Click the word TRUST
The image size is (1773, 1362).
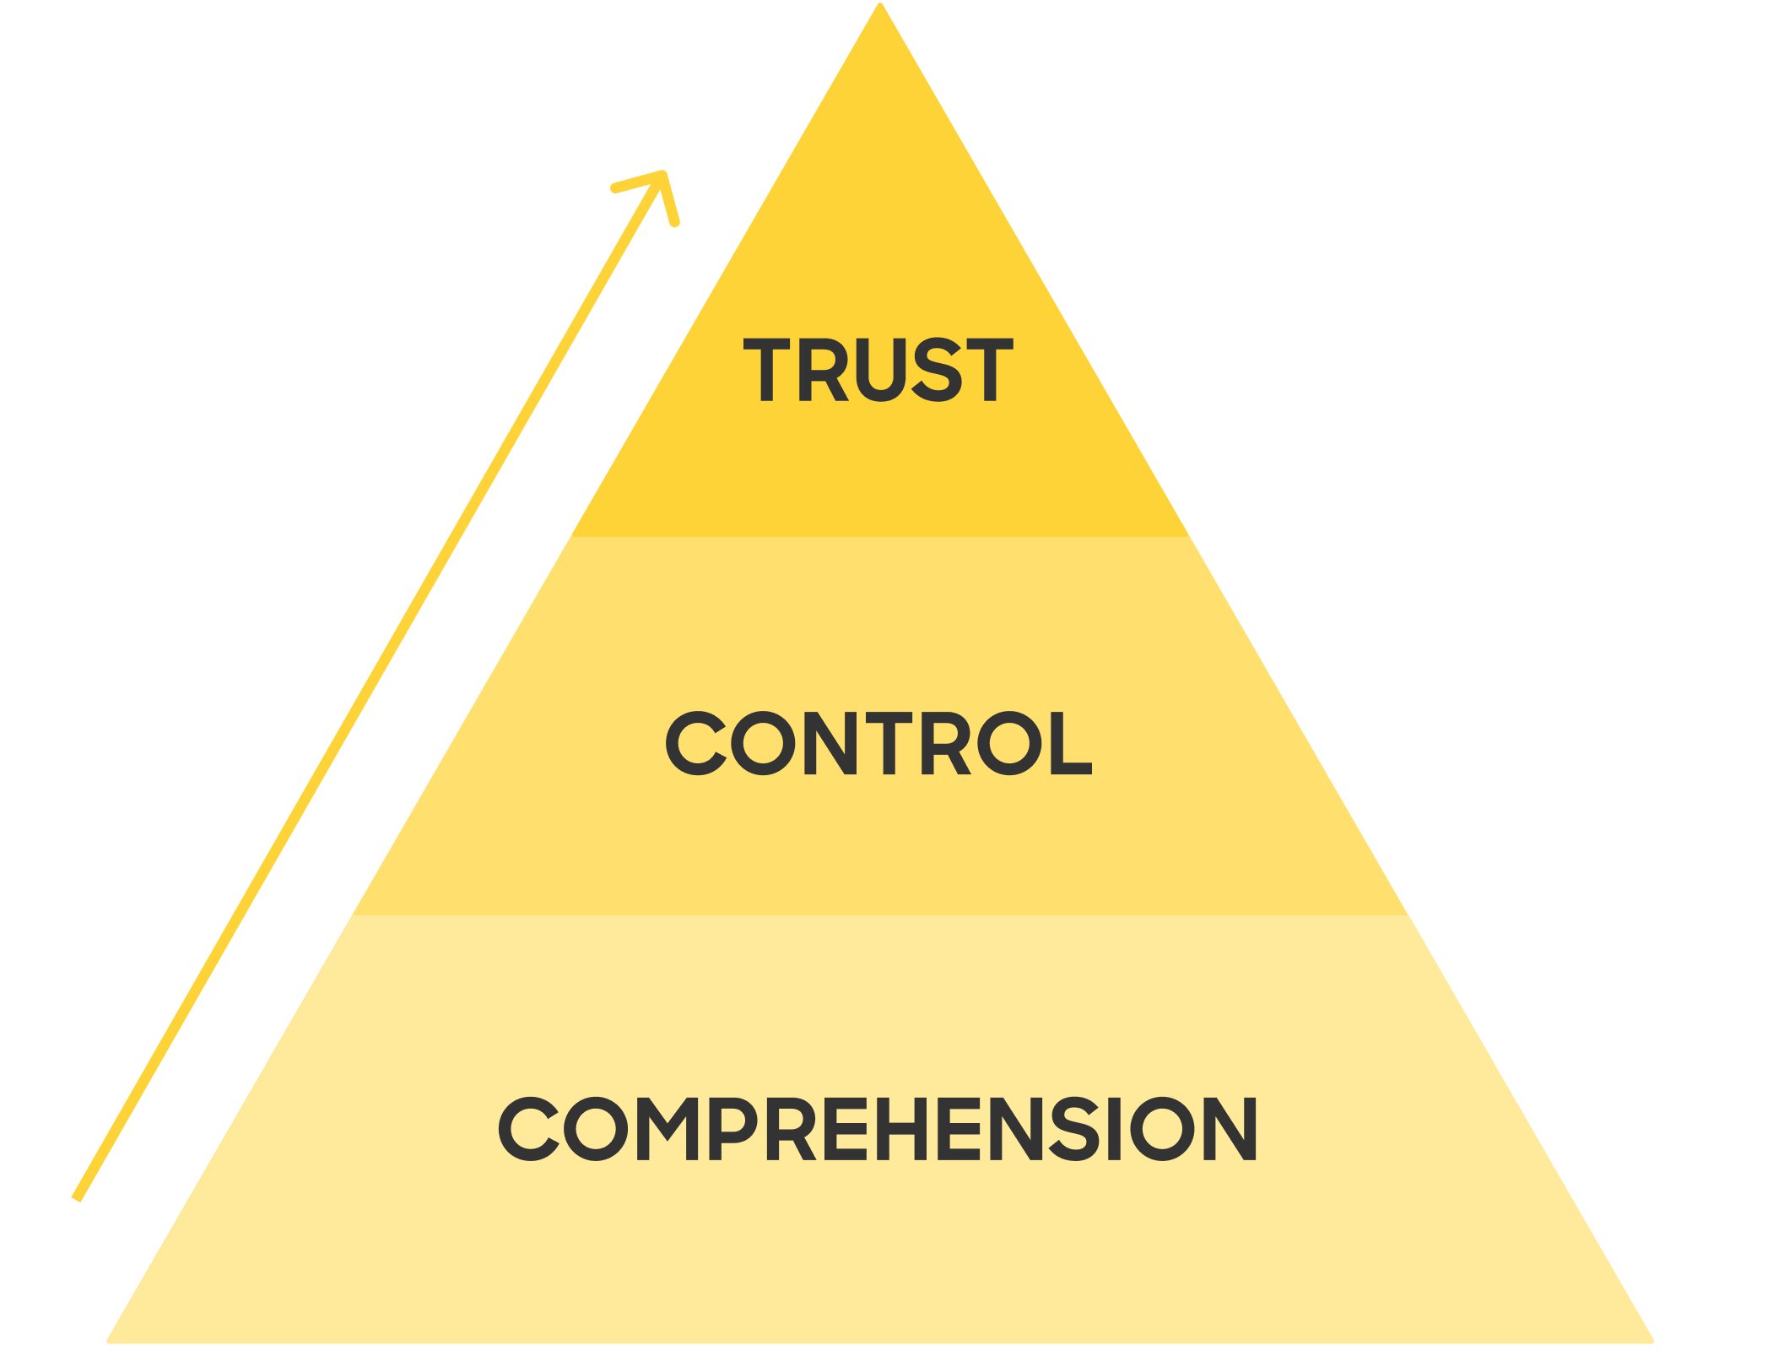(x=878, y=370)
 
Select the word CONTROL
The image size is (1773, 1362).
(x=878, y=743)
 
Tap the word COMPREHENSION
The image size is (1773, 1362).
(x=878, y=1129)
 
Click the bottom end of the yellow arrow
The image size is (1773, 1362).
(x=77, y=1197)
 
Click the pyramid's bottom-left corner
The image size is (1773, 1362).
(x=110, y=1340)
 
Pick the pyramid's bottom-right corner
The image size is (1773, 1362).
(x=1651, y=1340)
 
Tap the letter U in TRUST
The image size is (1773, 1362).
(x=881, y=370)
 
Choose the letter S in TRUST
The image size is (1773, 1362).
(x=938, y=370)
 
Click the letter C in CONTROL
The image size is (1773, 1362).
(x=695, y=743)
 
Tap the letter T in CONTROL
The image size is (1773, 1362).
(x=887, y=743)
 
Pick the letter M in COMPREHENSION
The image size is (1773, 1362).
(x=667, y=1129)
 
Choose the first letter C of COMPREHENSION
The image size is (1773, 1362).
(x=528, y=1129)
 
